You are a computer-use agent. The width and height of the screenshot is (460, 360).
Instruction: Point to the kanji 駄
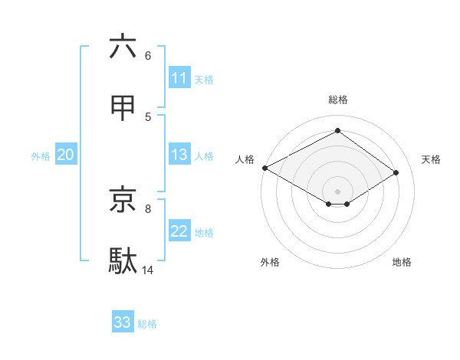tap(123, 260)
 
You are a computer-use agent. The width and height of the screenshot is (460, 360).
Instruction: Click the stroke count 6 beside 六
tap(148, 56)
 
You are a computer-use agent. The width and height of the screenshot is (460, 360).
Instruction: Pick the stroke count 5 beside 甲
tap(148, 117)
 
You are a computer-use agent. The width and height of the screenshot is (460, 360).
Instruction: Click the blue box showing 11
tap(179, 78)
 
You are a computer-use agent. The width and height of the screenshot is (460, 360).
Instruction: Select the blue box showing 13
tap(179, 155)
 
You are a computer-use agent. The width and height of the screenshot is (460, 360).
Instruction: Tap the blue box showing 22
tap(179, 231)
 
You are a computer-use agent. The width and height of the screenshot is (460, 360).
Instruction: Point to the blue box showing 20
tap(65, 155)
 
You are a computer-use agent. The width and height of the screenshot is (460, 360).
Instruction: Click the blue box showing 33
tap(123, 322)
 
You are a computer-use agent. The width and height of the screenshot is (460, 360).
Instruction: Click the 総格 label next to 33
tap(147, 324)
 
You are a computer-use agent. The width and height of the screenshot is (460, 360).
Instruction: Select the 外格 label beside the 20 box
tap(41, 156)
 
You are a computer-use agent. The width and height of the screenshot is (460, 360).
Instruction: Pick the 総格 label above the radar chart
tap(337, 100)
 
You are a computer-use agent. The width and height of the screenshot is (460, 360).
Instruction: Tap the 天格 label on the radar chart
tap(431, 159)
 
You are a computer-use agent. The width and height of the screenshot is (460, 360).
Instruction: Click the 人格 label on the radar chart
tap(245, 159)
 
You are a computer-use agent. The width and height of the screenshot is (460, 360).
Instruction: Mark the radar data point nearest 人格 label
tap(264, 168)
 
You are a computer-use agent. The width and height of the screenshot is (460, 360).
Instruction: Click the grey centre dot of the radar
tap(337, 190)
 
